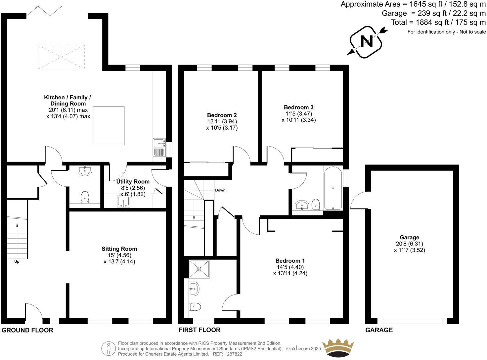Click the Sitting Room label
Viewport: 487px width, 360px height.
coord(119,249)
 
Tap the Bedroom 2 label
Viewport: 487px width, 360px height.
coord(222,115)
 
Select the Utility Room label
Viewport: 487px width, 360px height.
coord(133,182)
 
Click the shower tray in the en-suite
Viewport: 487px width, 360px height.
coord(199,269)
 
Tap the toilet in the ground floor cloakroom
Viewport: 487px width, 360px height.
coord(85,197)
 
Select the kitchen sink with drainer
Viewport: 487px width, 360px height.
coord(159,148)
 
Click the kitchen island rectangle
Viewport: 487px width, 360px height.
coord(109,126)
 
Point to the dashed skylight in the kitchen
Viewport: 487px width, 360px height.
coord(61,57)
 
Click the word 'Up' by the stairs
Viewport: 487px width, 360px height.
coord(17,262)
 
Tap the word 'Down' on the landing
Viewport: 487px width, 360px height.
coord(220,190)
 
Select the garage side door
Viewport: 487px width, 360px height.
coord(357,201)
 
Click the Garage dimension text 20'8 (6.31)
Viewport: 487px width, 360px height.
coord(409,244)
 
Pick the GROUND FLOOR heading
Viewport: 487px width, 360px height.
coord(27,330)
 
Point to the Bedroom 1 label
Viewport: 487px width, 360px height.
coord(290,261)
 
